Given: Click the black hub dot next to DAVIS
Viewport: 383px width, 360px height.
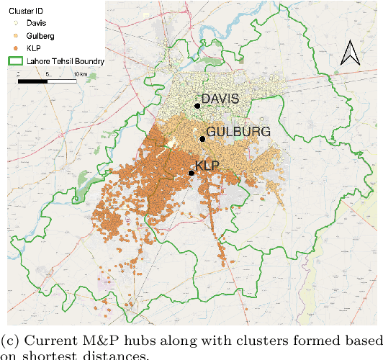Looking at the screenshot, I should click(x=197, y=106).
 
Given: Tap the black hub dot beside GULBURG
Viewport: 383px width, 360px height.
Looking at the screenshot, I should click(x=202, y=140).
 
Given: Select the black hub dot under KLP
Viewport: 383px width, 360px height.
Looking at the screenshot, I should click(x=191, y=173).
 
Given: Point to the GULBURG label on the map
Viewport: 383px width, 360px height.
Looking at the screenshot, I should click(x=238, y=132).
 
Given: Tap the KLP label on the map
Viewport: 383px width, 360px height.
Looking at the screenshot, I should click(x=207, y=165).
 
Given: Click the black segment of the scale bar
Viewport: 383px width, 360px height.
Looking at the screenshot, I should click(x=32, y=81).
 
